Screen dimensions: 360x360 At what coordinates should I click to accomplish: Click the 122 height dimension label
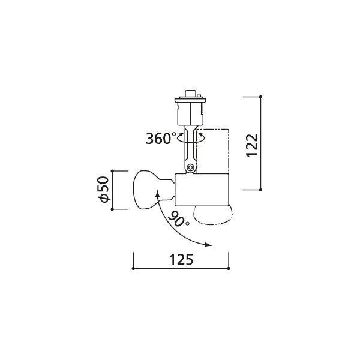(x=252, y=145)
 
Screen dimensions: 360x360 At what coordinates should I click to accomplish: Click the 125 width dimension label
(x=181, y=260)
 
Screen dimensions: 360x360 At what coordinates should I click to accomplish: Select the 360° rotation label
(x=161, y=139)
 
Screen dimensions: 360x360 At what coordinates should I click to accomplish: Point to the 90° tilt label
(x=179, y=219)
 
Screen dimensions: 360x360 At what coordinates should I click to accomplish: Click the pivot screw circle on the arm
(x=190, y=167)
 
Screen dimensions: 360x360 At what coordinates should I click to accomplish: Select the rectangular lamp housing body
(x=202, y=190)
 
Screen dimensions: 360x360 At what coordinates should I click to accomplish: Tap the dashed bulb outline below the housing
(x=213, y=215)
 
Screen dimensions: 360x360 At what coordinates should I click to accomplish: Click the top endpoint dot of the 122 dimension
(x=260, y=97)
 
